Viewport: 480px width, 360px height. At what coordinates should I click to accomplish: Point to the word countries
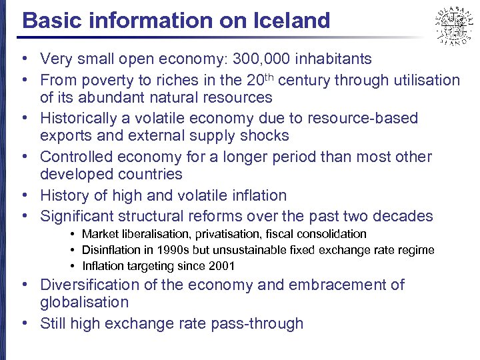[146, 175]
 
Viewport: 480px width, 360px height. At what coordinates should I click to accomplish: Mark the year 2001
[223, 267]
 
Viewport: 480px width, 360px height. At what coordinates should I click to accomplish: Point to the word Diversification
[90, 285]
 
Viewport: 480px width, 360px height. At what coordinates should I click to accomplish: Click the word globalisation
[84, 303]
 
